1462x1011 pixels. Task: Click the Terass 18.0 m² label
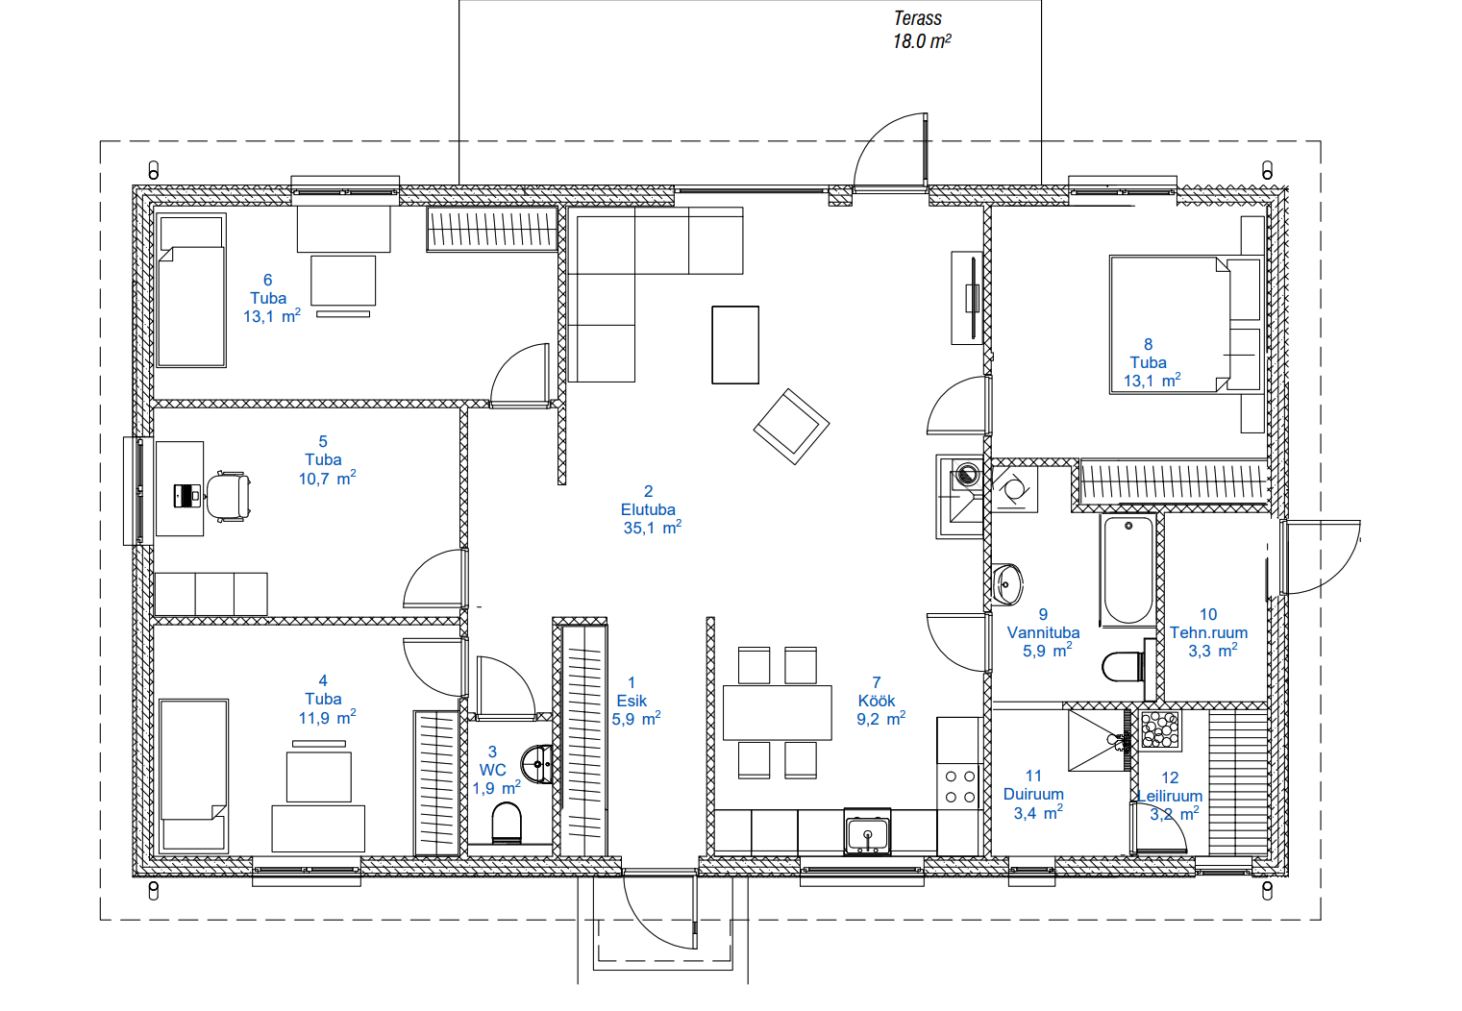pyautogui.click(x=922, y=30)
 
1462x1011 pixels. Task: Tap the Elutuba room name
pyautogui.click(x=648, y=509)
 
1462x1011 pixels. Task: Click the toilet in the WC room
pyautogui.click(x=507, y=823)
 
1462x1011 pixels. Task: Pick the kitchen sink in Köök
pyautogui.click(x=867, y=831)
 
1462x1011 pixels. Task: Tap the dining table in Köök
pyautogui.click(x=778, y=712)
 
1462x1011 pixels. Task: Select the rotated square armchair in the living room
pyautogui.click(x=791, y=427)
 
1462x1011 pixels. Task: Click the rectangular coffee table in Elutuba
pyautogui.click(x=735, y=345)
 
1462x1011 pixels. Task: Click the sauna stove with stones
pyautogui.click(x=1160, y=729)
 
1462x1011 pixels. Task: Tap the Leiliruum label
pyautogui.click(x=1170, y=796)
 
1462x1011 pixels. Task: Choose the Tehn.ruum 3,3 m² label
pyautogui.click(x=1208, y=632)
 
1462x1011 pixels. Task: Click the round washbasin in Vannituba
pyautogui.click(x=1007, y=584)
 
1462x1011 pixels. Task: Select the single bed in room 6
pyautogui.click(x=191, y=290)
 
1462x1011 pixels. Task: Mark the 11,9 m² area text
pyautogui.click(x=327, y=718)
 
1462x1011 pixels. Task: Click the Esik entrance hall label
pyautogui.click(x=632, y=701)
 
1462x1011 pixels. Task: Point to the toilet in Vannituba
pyautogui.click(x=1123, y=667)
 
